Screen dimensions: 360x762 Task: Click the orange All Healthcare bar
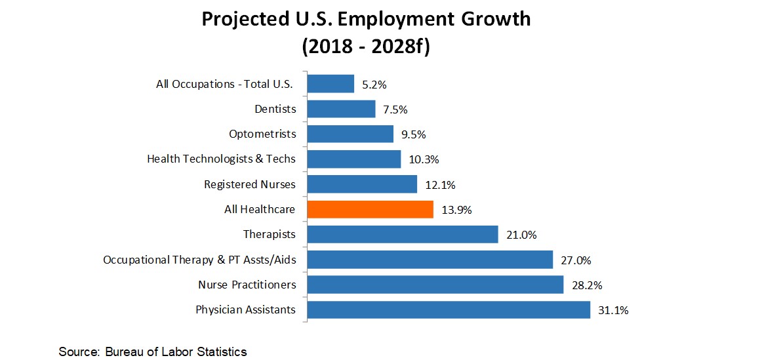pos(370,209)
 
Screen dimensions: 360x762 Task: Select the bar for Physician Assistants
pos(449,310)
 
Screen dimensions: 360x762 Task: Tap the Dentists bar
pos(341,109)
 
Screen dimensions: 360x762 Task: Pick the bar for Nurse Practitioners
pos(435,285)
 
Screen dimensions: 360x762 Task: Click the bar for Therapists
pos(403,234)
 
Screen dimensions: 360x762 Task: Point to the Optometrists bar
pos(350,134)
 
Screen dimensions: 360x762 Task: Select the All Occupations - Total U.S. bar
pos(331,84)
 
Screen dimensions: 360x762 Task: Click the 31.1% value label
pos(613,310)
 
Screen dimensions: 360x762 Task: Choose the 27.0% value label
pos(576,260)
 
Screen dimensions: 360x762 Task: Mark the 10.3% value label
pos(423,159)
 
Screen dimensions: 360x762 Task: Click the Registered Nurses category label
pos(250,184)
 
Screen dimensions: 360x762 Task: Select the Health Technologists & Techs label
pos(221,159)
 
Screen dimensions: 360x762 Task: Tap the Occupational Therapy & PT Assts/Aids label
pos(199,260)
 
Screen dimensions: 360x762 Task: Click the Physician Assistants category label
pos(245,310)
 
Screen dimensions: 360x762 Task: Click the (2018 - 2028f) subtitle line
pos(365,47)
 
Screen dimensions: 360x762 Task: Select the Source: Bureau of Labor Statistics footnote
pos(153,352)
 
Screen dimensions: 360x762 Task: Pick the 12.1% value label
pos(439,185)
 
